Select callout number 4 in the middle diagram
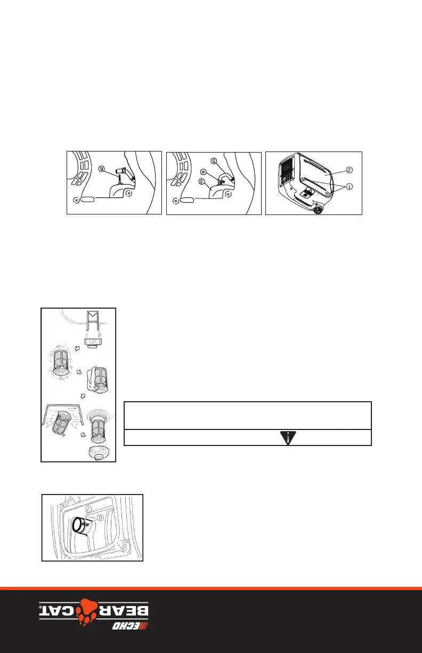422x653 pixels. [x=203, y=172]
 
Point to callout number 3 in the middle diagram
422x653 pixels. [x=201, y=182]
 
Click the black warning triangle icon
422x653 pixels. [x=287, y=437]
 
